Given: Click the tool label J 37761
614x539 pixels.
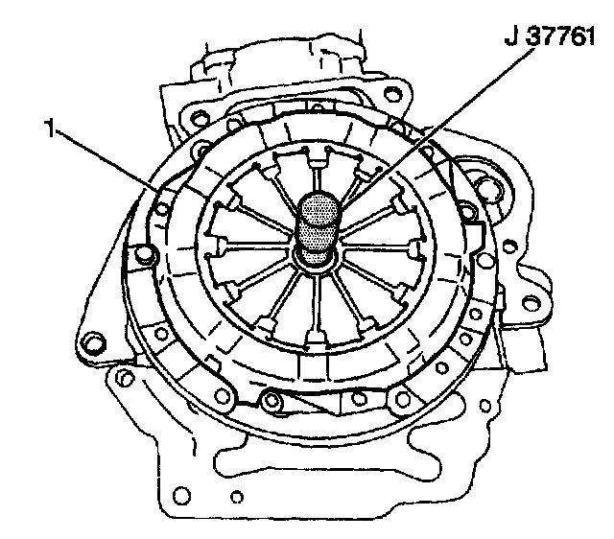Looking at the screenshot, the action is pyautogui.click(x=550, y=37).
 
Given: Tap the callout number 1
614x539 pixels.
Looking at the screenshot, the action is pyautogui.click(x=50, y=129).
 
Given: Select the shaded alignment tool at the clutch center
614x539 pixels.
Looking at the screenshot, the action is pyautogui.click(x=318, y=228).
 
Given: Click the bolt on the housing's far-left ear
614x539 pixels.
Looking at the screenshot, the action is pyautogui.click(x=92, y=343).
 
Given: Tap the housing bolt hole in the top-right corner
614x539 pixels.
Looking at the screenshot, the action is pyautogui.click(x=391, y=94).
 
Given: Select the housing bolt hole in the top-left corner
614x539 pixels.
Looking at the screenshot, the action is pyautogui.click(x=201, y=118).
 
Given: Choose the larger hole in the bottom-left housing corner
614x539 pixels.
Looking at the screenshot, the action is pyautogui.click(x=180, y=496).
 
